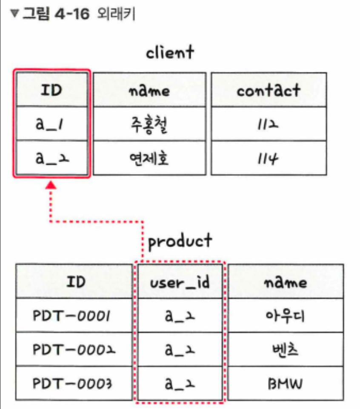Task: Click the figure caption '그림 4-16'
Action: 55,14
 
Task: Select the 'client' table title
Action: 170,53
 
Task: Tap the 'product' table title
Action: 180,241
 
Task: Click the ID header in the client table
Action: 51,90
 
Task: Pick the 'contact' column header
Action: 269,90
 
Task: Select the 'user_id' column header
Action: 180,282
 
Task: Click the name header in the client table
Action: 149,90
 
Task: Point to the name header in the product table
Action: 285,282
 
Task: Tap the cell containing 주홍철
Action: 149,124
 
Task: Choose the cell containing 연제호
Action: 149,158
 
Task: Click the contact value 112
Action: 269,124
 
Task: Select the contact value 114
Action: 269,158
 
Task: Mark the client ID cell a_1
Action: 51,124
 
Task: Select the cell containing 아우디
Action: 285,316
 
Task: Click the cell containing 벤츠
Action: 285,350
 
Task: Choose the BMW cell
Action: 285,384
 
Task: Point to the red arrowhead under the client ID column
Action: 51,185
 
